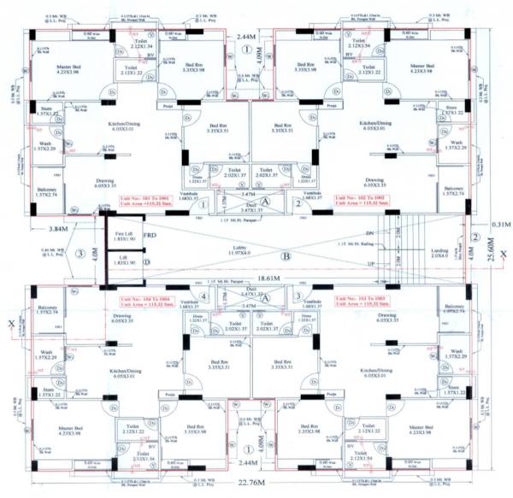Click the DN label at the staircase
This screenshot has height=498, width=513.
tap(369, 232)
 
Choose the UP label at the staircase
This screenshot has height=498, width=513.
tap(369, 264)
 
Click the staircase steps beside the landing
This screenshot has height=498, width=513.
tap(402, 249)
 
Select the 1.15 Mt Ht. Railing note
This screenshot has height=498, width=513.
tap(351, 246)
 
